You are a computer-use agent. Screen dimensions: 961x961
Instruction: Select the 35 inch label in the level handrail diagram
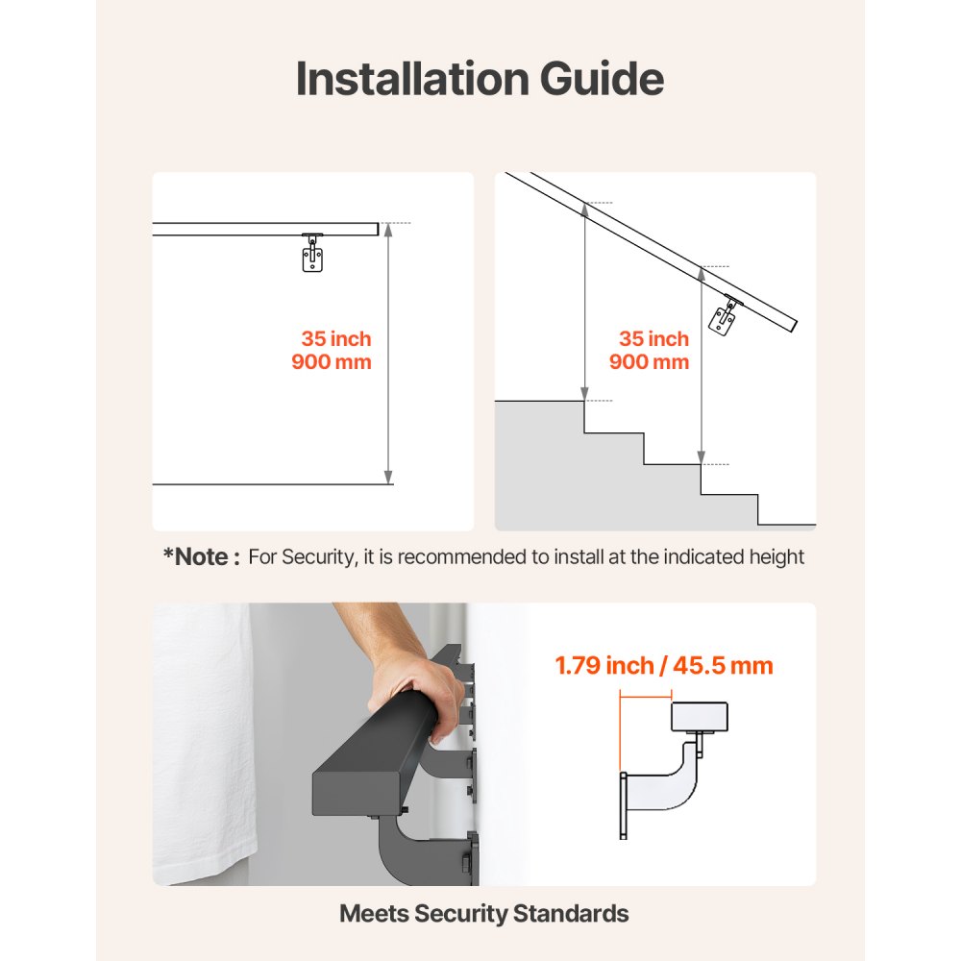click(335, 339)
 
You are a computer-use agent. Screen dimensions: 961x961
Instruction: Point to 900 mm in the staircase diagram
click(649, 362)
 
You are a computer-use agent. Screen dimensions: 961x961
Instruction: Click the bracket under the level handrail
click(312, 254)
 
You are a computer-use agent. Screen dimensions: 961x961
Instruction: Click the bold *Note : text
click(201, 556)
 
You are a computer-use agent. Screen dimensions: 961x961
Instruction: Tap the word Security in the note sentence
click(319, 556)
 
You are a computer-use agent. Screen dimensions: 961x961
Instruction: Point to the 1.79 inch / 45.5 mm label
click(663, 665)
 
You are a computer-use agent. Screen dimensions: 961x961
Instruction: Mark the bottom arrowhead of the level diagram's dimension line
click(388, 477)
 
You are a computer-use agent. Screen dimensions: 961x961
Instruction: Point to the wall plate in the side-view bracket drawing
click(624, 804)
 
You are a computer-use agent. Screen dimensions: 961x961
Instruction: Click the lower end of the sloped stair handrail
click(793, 326)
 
